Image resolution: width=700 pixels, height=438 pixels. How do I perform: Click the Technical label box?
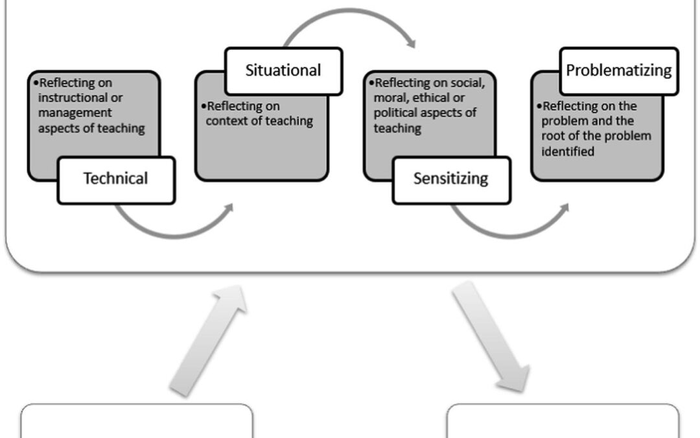(116, 179)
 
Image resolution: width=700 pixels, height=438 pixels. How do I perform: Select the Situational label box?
(283, 70)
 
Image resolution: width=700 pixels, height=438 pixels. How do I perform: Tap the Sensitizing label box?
(451, 179)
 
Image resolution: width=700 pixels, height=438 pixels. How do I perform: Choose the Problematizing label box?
(618, 70)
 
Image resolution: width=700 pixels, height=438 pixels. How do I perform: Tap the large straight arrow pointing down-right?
(491, 337)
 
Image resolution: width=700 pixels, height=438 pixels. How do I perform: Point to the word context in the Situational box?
(226, 121)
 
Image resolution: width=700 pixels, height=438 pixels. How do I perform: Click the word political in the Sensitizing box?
(399, 113)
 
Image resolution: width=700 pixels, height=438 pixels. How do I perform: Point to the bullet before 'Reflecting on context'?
(204, 106)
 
